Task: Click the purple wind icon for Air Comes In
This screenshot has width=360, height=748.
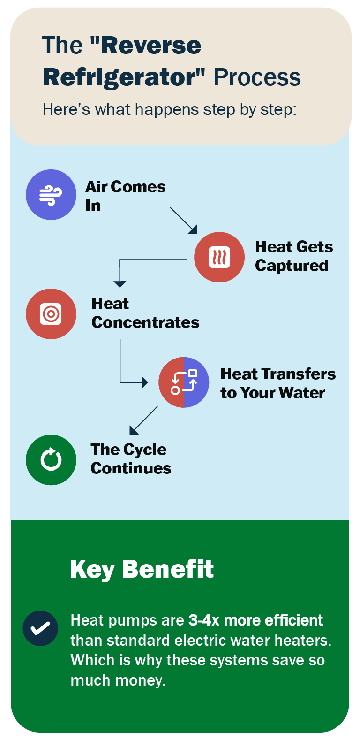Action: [51, 195]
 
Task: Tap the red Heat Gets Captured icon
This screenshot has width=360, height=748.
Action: [219, 257]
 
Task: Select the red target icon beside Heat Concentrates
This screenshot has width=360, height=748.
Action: [51, 314]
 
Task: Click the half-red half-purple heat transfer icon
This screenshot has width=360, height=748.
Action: [184, 382]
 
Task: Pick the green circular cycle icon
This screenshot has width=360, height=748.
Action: [51, 460]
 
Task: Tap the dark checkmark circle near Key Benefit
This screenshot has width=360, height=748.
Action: [40, 628]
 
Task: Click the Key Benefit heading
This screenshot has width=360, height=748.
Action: [142, 569]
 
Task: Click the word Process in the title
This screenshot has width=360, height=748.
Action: [257, 77]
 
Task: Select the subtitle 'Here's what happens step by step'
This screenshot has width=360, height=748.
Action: [169, 110]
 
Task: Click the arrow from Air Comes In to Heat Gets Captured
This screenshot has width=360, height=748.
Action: [183, 220]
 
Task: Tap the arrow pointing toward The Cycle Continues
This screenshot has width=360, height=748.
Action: [143, 420]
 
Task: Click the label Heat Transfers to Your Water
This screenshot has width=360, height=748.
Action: [277, 383]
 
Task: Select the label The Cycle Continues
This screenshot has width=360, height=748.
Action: [131, 458]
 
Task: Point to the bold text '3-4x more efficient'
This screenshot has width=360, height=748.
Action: [255, 620]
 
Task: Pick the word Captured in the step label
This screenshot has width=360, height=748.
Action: [292, 266]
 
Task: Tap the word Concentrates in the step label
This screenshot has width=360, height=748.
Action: [145, 322]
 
